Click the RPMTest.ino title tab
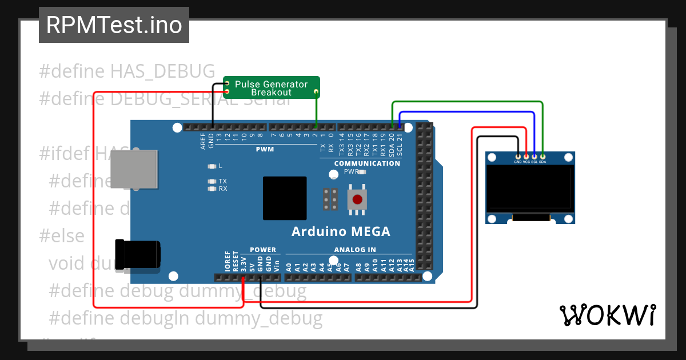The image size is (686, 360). [x=114, y=25]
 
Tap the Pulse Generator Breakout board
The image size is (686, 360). [x=272, y=87]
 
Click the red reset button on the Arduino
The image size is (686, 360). [x=357, y=199]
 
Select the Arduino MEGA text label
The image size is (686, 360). [x=341, y=231]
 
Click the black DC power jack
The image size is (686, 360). [x=138, y=254]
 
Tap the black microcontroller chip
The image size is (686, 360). [x=285, y=198]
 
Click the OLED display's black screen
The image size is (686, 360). [x=529, y=187]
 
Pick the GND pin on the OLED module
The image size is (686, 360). [x=518, y=156]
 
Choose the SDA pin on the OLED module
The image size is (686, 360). [x=543, y=156]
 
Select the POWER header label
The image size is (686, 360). [x=263, y=250]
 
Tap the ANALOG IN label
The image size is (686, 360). [x=355, y=250]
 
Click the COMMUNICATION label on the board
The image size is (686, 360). [x=367, y=163]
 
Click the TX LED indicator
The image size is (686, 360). [x=213, y=181]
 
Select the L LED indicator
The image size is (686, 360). [x=213, y=166]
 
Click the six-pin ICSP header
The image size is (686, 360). [x=330, y=199]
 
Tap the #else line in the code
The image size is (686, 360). [x=62, y=235]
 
